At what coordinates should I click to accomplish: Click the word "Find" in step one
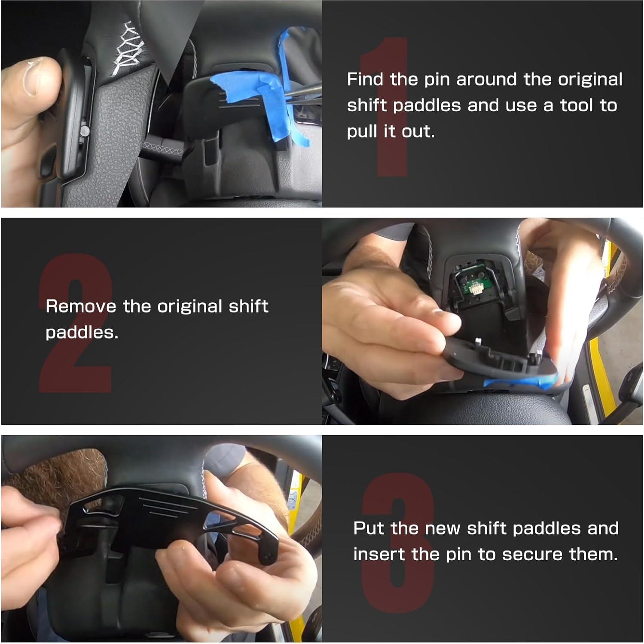click(365, 79)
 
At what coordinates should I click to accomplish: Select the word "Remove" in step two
click(81, 306)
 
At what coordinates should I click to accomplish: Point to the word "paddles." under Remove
click(82, 333)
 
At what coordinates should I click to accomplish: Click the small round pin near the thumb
click(85, 131)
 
